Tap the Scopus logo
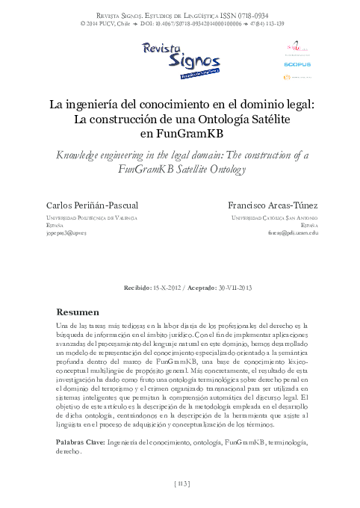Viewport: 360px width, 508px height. pyautogui.click(x=297, y=64)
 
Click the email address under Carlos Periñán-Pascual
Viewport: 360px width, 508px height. pyautogui.click(x=66, y=233)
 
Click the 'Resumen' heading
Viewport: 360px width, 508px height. pyautogui.click(x=78, y=312)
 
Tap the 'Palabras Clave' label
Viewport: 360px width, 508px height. pyautogui.click(x=80, y=443)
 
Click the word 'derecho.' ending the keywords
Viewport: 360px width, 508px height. pyautogui.click(x=69, y=453)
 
